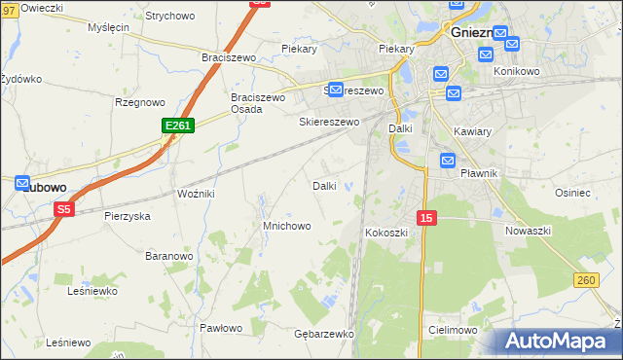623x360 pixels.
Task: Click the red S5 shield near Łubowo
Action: coord(64,208)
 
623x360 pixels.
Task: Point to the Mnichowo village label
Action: coord(286,226)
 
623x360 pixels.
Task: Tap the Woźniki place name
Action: coord(196,194)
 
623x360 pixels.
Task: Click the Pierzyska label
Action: coord(128,216)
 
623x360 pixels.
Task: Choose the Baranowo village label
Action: coord(168,256)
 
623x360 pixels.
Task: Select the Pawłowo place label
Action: coord(220,328)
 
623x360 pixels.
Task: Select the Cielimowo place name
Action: coord(453,331)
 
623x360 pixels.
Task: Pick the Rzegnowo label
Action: coord(139,101)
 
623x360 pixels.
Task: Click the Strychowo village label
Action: coord(169,17)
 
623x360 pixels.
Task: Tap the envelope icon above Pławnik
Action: coord(448,161)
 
